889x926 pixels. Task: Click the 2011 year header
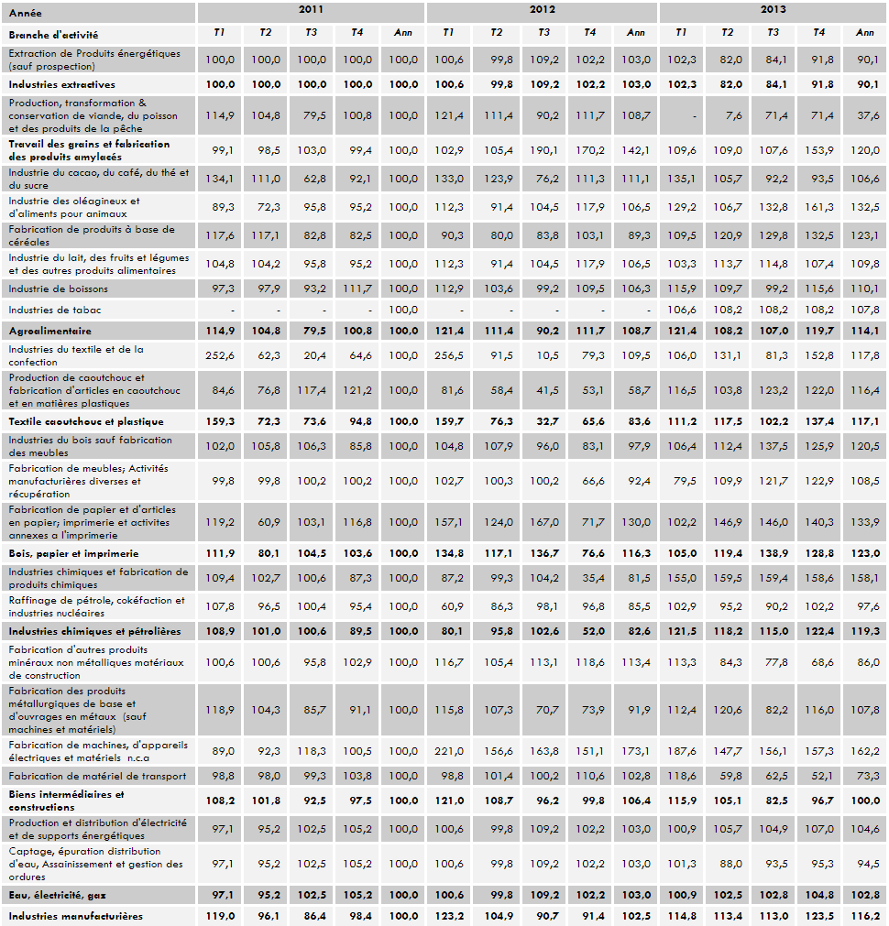tap(311, 10)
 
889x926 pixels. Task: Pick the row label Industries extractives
tap(61, 84)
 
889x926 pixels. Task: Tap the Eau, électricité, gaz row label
tap(60, 893)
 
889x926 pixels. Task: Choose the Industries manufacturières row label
tap(75, 915)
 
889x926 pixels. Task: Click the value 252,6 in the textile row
tap(220, 356)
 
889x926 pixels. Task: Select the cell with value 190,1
tap(543, 149)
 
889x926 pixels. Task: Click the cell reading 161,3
tap(819, 207)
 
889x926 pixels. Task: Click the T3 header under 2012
tap(543, 33)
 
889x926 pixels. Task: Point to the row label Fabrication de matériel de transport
tap(97, 776)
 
